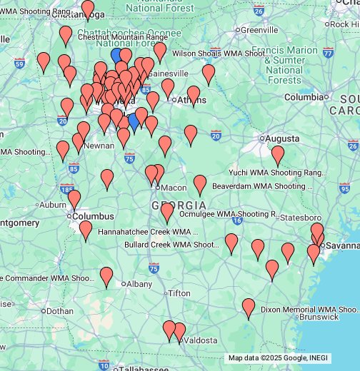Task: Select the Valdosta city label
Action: (x=201, y=341)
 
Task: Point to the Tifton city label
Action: (x=179, y=293)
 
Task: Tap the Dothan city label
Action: (x=59, y=311)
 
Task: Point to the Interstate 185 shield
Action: (x=67, y=190)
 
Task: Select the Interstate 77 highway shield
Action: (x=328, y=52)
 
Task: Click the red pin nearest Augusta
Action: (x=278, y=154)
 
